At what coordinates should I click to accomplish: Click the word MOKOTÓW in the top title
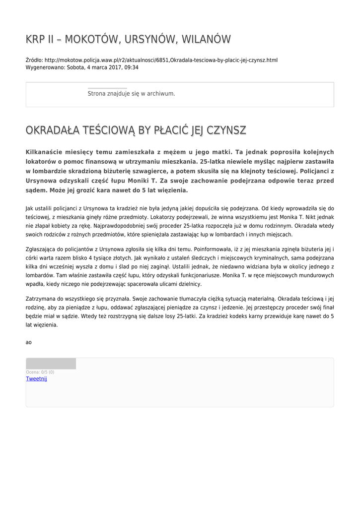(89, 39)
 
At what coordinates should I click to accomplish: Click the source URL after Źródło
(161, 61)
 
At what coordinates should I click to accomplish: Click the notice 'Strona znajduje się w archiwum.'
(131, 93)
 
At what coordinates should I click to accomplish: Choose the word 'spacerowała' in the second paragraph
(146, 284)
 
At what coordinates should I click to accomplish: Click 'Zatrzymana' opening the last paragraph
(41, 299)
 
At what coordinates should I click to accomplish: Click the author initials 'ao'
(28, 342)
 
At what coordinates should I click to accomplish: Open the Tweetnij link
(36, 379)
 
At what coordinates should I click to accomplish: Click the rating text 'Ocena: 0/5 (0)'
(40, 372)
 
